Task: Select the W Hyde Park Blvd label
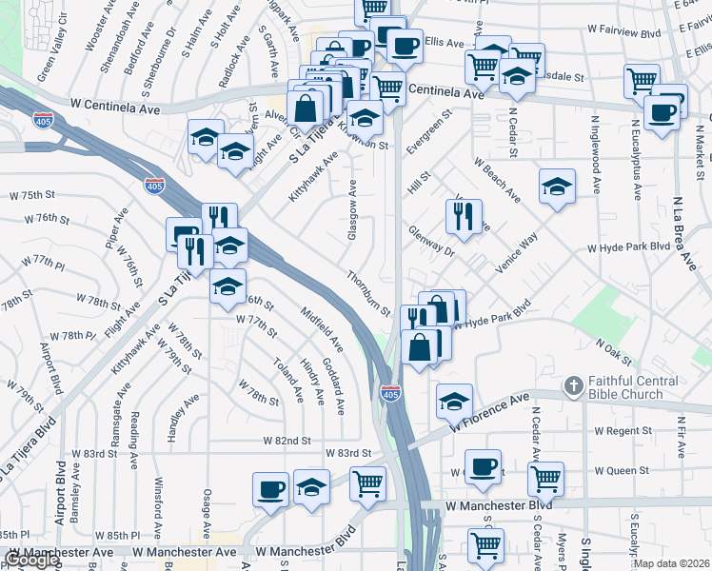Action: tap(629, 247)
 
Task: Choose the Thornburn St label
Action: tap(369, 293)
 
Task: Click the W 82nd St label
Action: tap(287, 441)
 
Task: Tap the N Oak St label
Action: tap(614, 349)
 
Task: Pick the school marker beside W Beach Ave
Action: tap(557, 186)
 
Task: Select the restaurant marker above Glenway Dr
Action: tap(464, 216)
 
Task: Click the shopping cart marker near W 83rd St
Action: tap(367, 482)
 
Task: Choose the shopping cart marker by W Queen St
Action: tap(545, 478)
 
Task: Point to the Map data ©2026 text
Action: tap(672, 563)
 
